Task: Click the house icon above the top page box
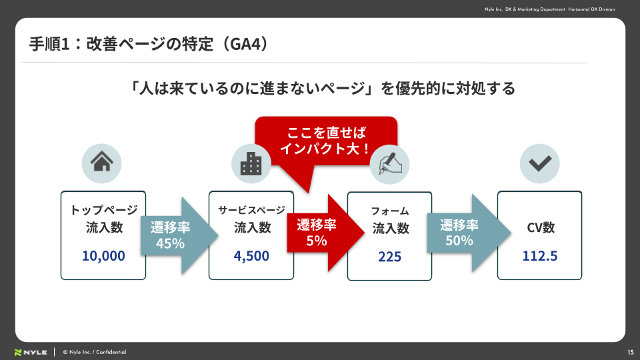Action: pos(101,163)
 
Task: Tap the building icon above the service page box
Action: pos(251,163)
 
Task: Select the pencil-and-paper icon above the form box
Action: pos(389,163)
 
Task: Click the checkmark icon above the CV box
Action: pos(539,163)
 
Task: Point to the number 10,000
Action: pos(103,255)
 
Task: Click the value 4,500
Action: pos(251,256)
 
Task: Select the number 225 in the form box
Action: pos(389,257)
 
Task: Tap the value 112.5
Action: pos(540,256)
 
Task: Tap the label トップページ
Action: pos(103,210)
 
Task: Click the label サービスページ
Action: pos(252,210)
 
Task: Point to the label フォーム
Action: pos(389,211)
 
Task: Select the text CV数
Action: pos(540,227)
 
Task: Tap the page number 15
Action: pos(630,352)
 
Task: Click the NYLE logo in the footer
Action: pos(31,352)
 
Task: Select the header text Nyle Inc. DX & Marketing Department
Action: pos(525,9)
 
